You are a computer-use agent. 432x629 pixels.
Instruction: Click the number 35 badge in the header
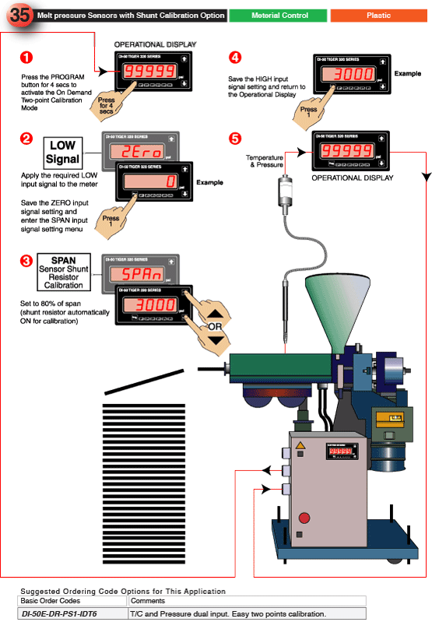19,15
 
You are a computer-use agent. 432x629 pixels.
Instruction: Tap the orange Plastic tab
379,16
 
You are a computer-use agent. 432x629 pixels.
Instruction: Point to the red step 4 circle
235,58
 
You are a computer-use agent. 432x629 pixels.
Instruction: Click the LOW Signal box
62,152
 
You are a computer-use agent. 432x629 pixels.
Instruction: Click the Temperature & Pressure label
264,161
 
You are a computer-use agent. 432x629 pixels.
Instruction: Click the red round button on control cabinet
304,518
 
